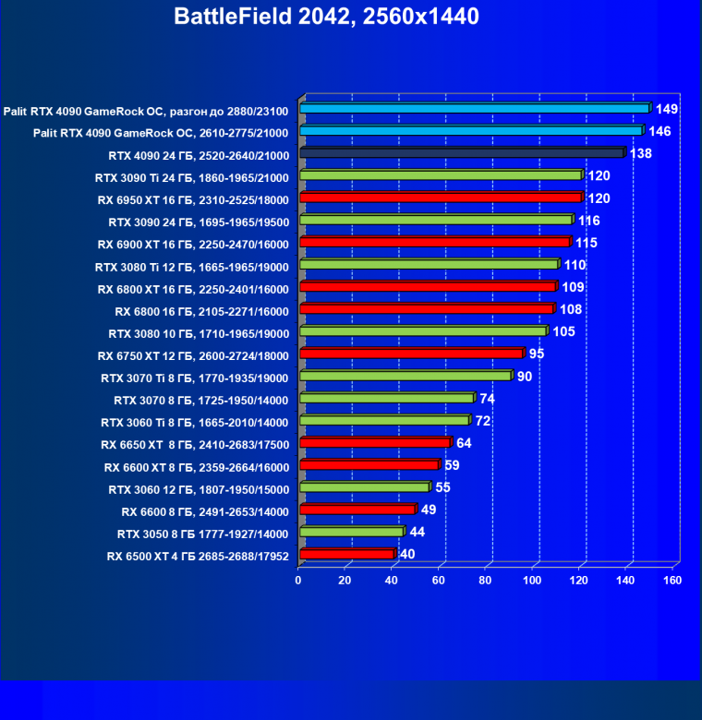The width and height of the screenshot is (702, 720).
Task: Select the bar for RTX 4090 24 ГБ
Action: point(462,153)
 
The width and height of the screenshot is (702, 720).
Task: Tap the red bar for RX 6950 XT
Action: point(440,198)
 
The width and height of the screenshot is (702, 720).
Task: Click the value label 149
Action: point(667,109)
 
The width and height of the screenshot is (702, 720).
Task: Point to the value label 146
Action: point(660,131)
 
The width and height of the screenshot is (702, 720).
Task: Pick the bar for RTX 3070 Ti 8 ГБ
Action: point(405,376)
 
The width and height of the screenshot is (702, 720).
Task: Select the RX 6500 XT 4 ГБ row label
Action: point(198,556)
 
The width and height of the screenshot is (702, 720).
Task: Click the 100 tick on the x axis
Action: point(532,581)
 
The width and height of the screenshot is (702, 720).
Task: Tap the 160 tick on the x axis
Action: point(672,581)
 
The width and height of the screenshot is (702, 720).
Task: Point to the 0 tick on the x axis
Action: point(298,581)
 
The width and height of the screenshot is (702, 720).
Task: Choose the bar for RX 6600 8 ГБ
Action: point(357,510)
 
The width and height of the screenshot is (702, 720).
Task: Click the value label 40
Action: point(407,554)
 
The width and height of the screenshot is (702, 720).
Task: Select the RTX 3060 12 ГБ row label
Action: point(199,489)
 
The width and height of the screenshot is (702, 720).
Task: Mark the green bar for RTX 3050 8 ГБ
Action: point(351,532)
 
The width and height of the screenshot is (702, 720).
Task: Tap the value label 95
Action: point(537,354)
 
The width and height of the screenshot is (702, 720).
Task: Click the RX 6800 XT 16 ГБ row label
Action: point(193,289)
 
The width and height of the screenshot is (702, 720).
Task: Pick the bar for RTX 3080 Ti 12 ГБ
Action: point(429,265)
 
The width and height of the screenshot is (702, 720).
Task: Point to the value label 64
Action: point(464,443)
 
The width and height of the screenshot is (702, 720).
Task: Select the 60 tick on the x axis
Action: point(439,581)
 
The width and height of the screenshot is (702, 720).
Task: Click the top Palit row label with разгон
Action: point(147,111)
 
